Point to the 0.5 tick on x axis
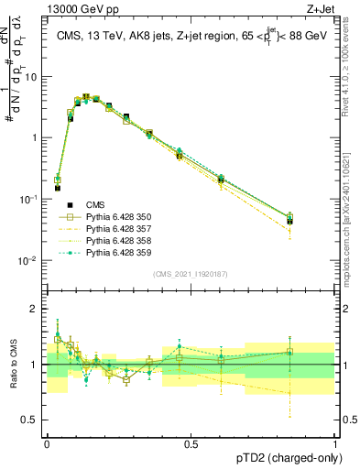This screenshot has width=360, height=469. [x=191, y=442]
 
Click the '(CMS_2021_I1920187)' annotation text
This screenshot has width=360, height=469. [x=191, y=272]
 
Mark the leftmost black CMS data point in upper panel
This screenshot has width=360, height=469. [x=57, y=188]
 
